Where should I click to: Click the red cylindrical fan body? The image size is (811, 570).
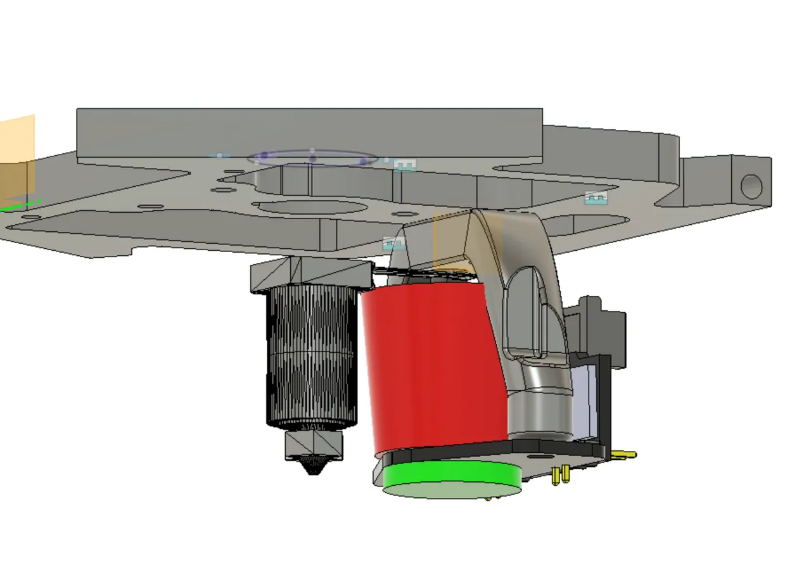coord(431,367)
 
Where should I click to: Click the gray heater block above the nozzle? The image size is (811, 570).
coord(314,444)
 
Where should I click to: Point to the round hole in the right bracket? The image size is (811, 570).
coord(751,187)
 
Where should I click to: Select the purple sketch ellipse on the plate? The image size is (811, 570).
coord(312,158)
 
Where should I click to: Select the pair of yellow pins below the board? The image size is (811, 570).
coord(560,474)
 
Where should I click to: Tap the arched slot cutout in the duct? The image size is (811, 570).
coord(525,310)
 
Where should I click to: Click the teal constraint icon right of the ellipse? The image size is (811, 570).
coord(405,165)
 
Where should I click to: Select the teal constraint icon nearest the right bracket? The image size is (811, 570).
coord(596,198)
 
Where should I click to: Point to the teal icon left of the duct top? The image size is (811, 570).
coord(394,243)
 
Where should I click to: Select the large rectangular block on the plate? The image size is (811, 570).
coord(309,133)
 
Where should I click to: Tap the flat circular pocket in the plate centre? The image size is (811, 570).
coord(309,207)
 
